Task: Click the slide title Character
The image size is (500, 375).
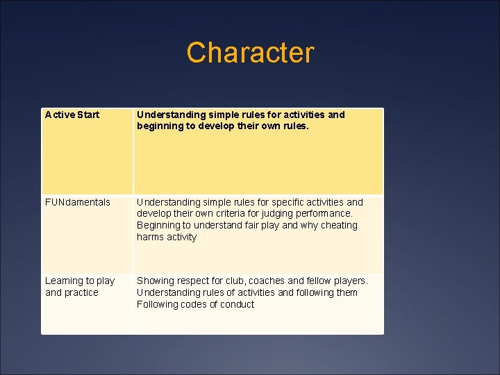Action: coord(250,53)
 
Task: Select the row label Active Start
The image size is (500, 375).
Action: coord(72,115)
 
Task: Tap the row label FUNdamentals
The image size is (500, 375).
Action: coord(78,202)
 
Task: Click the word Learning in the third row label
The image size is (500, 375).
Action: coord(64,281)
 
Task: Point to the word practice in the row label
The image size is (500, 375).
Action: coord(82,292)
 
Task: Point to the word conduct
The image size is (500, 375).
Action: coord(238,304)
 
